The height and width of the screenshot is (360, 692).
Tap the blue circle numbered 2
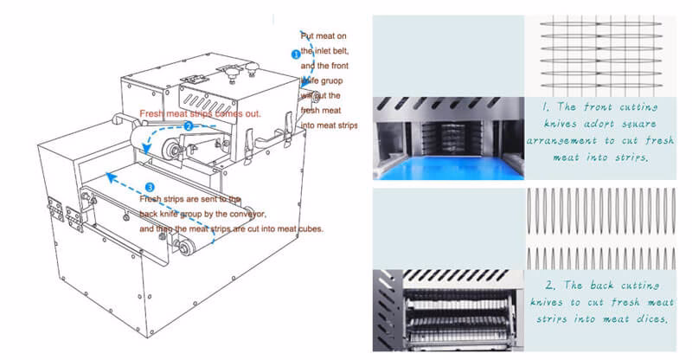click(x=188, y=125)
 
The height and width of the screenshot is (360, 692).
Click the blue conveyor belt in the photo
click(x=449, y=159)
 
